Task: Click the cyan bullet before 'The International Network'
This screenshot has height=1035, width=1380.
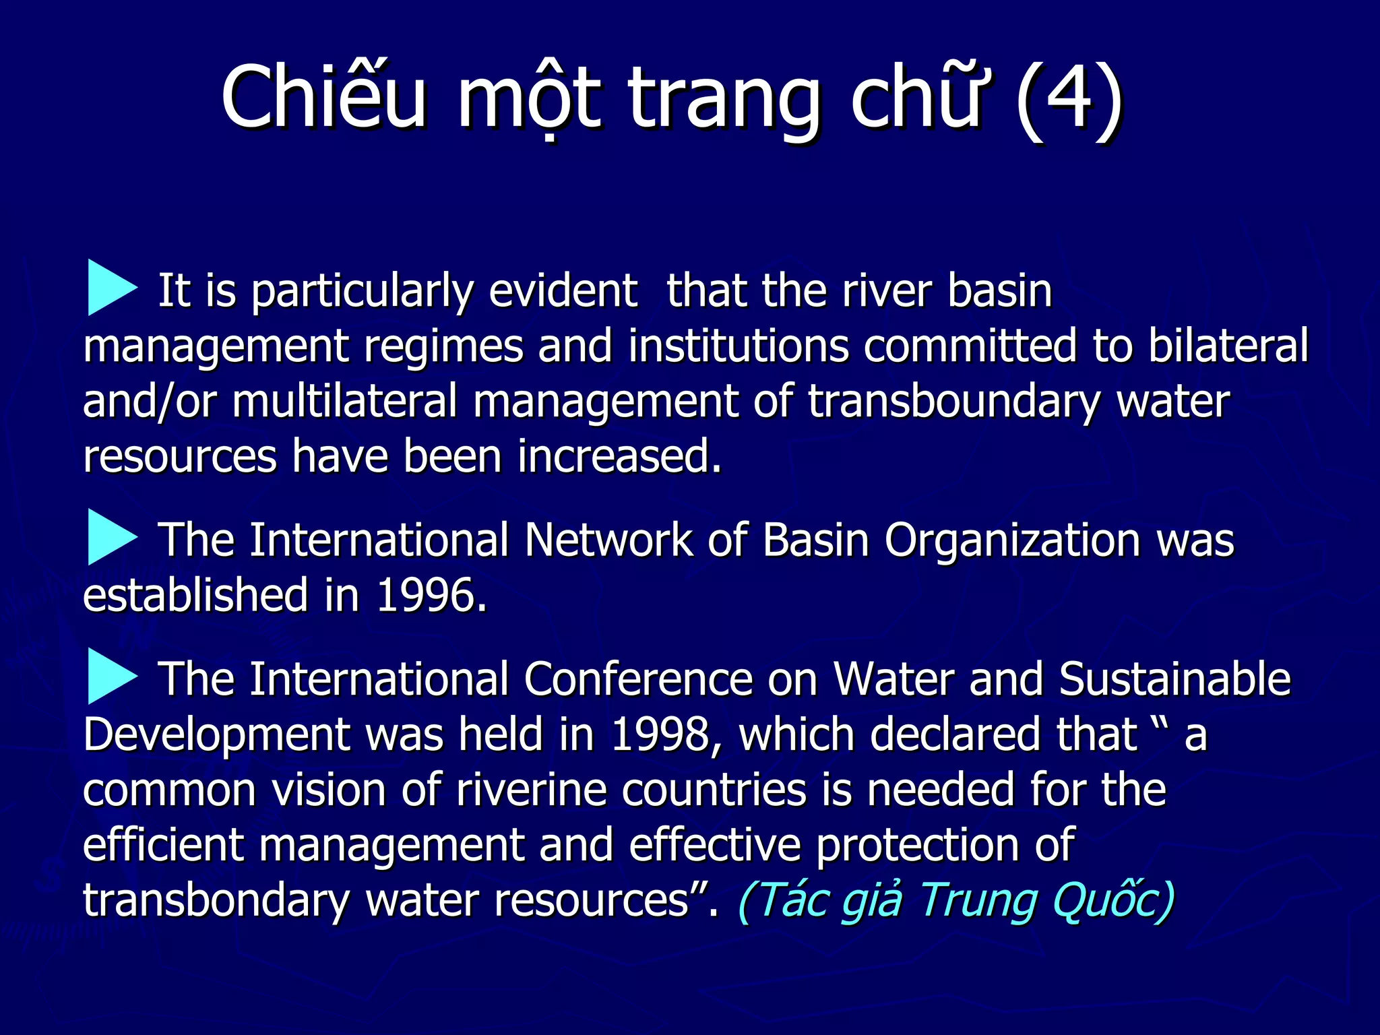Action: pyautogui.click(x=112, y=537)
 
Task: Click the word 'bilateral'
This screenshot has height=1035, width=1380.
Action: pyautogui.click(x=1228, y=346)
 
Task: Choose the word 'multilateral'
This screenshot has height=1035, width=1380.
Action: pyautogui.click(x=344, y=402)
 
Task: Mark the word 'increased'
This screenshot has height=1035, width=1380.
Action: pyautogui.click(x=619, y=457)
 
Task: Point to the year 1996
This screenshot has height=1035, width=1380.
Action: pyautogui.click(x=431, y=596)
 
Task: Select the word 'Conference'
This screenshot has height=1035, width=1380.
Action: pyautogui.click(x=637, y=679)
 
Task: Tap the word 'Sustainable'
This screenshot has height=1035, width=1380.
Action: pyautogui.click(x=1174, y=679)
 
